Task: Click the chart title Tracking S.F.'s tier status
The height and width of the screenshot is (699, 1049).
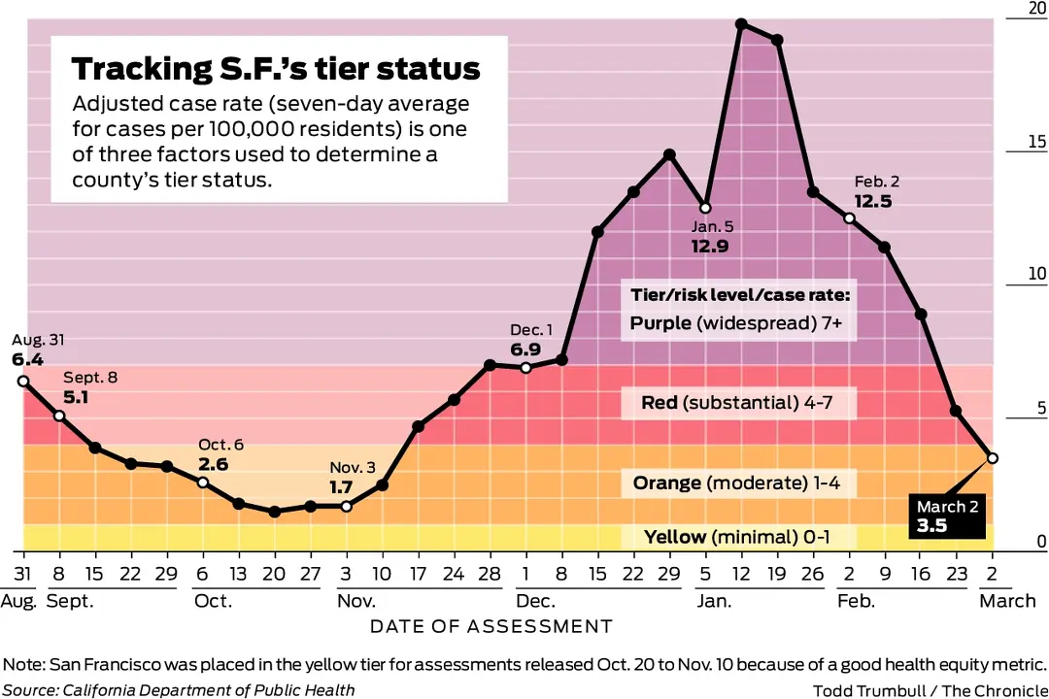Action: pyautogui.click(x=276, y=69)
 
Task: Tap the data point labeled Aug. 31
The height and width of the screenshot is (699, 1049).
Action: pyautogui.click(x=23, y=381)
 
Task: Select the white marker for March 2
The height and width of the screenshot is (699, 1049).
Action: pyautogui.click(x=993, y=458)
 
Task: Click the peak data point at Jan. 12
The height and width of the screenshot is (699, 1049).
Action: pyautogui.click(x=741, y=22)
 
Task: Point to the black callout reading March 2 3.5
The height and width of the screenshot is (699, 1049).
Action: pyautogui.click(x=948, y=517)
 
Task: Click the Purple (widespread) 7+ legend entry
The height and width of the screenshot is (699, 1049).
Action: pyautogui.click(x=739, y=323)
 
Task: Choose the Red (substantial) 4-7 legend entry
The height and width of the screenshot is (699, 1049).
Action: pyautogui.click(x=739, y=402)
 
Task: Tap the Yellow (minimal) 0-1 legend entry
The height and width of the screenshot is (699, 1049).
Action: pyautogui.click(x=739, y=538)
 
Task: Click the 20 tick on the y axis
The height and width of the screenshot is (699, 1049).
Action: pyautogui.click(x=1036, y=9)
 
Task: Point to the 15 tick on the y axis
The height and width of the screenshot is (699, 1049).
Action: pyautogui.click(x=1036, y=143)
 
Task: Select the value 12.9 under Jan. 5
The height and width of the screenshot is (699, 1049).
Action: pyautogui.click(x=710, y=246)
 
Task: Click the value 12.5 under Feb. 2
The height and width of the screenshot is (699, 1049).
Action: pyautogui.click(x=873, y=201)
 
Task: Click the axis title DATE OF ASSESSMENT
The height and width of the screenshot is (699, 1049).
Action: pyautogui.click(x=491, y=627)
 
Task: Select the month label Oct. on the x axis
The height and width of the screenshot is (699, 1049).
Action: pyautogui.click(x=213, y=601)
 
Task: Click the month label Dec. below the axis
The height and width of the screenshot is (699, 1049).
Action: pyautogui.click(x=536, y=601)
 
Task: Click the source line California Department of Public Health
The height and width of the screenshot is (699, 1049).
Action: pyautogui.click(x=206, y=690)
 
